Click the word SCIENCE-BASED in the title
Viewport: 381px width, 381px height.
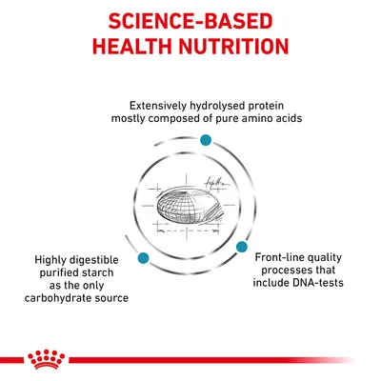[x=190, y=20]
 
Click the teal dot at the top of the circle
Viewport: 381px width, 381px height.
[x=204, y=140]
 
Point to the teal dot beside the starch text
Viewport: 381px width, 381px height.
[x=141, y=258]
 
